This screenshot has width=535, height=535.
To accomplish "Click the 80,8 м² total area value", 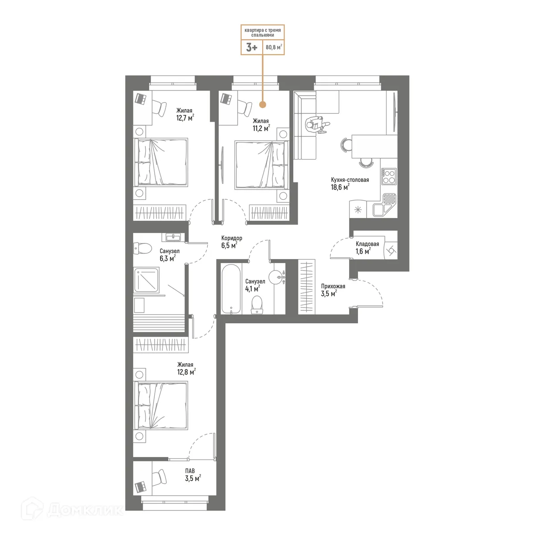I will click(274, 47).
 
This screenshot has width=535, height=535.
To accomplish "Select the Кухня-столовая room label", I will click(350, 180).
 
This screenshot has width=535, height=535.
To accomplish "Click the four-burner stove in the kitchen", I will click(389, 177).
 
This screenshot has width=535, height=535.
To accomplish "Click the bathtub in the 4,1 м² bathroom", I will click(231, 288).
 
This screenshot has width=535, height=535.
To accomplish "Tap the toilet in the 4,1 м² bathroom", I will click(257, 305).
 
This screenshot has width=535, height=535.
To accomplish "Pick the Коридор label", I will click(231, 239).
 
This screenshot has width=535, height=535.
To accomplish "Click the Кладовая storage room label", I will click(367, 244).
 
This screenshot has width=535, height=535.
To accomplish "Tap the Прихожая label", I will click(333, 287).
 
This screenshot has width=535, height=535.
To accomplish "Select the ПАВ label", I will click(190, 471).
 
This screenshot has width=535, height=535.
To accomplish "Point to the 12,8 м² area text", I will click(186, 372).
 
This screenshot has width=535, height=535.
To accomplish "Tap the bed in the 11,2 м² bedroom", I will click(260, 165).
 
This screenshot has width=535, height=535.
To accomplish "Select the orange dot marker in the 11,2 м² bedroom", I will click(263, 105).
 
